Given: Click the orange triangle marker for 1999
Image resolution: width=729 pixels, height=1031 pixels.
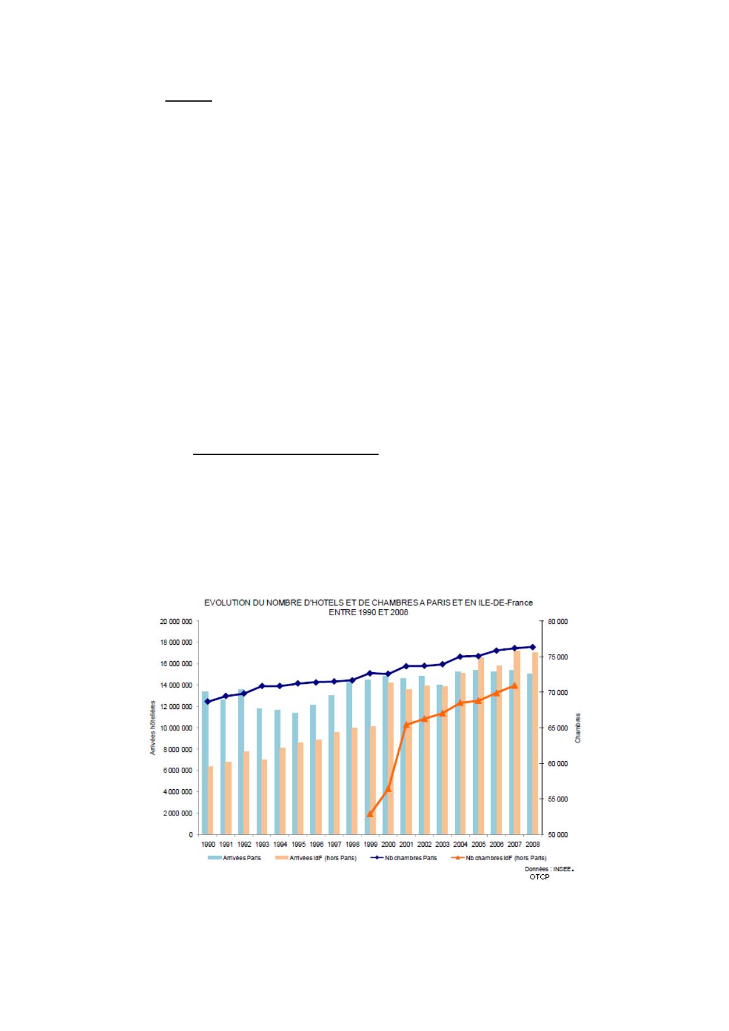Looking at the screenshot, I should [x=369, y=814].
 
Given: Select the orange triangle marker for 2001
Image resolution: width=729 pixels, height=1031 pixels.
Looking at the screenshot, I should [x=406, y=725].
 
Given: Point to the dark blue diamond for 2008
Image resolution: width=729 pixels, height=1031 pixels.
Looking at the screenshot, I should [x=532, y=647].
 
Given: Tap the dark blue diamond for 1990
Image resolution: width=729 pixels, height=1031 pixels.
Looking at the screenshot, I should [x=207, y=702].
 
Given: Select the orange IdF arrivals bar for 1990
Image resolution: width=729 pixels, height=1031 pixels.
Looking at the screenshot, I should [x=211, y=800].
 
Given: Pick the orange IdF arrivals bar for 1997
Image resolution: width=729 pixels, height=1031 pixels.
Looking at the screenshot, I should [x=337, y=783].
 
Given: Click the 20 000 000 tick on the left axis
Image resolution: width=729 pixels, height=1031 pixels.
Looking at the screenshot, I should [x=177, y=621].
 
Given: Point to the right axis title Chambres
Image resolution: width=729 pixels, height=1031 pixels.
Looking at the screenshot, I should [x=578, y=728].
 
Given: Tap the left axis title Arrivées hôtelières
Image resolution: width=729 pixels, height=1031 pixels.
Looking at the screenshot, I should [x=153, y=728].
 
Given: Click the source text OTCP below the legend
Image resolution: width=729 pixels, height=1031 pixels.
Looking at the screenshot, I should [x=540, y=877].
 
